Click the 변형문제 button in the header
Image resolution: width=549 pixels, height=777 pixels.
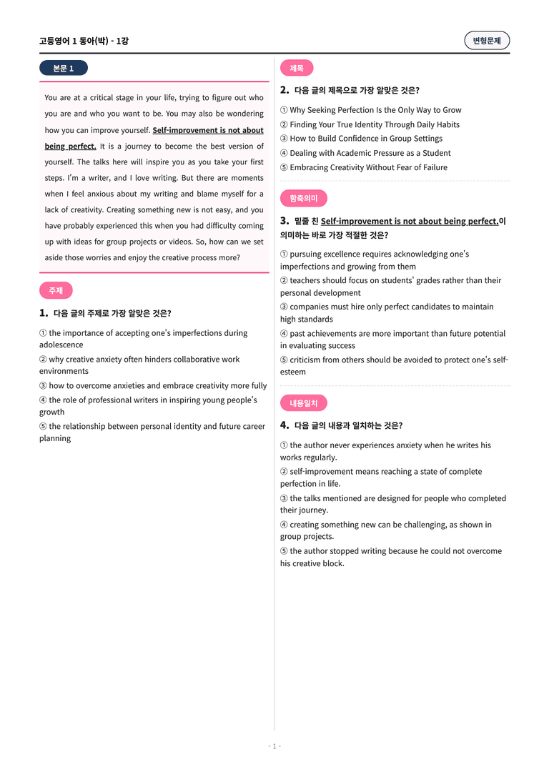(x=487, y=41)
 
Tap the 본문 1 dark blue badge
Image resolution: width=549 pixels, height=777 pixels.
(x=64, y=69)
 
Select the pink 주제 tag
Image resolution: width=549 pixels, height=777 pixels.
(x=56, y=291)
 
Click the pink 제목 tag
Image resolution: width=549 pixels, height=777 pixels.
(x=297, y=69)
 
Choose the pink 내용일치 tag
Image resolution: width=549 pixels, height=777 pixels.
(x=304, y=403)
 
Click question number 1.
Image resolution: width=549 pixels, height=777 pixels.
(x=44, y=313)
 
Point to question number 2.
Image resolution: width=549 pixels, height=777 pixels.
(x=285, y=90)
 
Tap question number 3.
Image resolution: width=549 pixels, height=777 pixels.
(x=285, y=221)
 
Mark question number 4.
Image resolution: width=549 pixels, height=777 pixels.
(x=285, y=425)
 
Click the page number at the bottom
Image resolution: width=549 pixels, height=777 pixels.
(x=274, y=746)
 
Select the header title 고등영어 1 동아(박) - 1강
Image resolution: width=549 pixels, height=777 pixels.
(x=84, y=41)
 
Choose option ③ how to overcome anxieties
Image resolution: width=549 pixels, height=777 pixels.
(x=153, y=386)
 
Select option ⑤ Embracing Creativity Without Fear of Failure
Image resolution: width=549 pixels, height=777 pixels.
(x=364, y=167)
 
